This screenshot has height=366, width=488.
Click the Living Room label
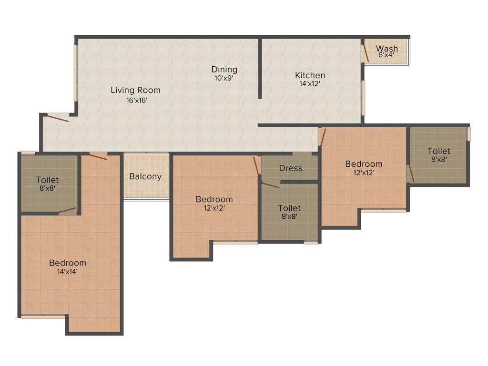click(x=135, y=90)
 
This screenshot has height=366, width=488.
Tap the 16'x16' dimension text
click(x=135, y=100)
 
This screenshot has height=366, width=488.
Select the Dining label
click(x=224, y=70)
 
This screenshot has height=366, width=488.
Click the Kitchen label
click(x=310, y=75)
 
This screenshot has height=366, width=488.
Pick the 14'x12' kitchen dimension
click(x=310, y=84)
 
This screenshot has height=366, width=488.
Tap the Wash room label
click(x=386, y=48)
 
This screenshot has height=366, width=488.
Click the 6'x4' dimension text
click(x=386, y=55)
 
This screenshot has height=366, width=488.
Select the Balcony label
click(x=145, y=176)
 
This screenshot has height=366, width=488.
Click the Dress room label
click(x=290, y=168)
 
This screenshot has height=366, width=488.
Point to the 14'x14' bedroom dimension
click(x=68, y=272)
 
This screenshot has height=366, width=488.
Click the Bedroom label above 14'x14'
click(x=68, y=263)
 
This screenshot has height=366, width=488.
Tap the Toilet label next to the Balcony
click(x=48, y=180)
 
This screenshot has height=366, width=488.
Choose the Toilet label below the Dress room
click(x=289, y=208)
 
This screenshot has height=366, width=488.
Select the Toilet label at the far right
click(x=438, y=151)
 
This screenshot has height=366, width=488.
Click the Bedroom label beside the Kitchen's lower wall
click(x=364, y=164)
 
